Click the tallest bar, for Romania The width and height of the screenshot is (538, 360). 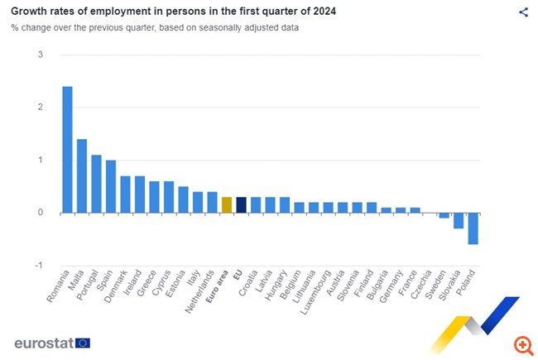click(67, 149)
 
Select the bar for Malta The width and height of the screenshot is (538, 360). click(82, 175)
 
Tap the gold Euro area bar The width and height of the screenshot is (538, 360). click(227, 204)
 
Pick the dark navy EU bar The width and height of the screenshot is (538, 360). click(241, 204)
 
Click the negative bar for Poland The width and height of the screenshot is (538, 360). click(473, 228)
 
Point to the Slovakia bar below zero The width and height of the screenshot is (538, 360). click(459, 220)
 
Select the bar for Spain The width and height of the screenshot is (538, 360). click(111, 186)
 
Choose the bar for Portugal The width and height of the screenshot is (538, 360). click(96, 184)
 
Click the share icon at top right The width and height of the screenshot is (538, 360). click(523, 12)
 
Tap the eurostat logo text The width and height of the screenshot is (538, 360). click(43, 343)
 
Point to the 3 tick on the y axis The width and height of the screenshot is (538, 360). click(40, 55)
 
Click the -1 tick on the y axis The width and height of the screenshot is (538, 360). click(38, 265)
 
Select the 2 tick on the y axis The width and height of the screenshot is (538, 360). click(40, 108)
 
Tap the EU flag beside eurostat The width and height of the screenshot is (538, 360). click(82, 343)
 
